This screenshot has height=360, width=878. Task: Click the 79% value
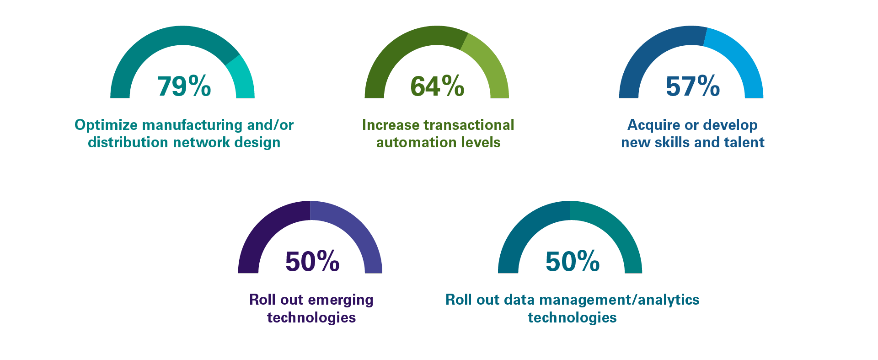(x=184, y=86)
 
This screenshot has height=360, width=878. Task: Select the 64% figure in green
(x=437, y=86)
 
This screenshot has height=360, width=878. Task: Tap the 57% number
(x=692, y=86)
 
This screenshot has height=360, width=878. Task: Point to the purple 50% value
(x=312, y=261)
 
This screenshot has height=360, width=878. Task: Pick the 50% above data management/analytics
(x=572, y=261)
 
